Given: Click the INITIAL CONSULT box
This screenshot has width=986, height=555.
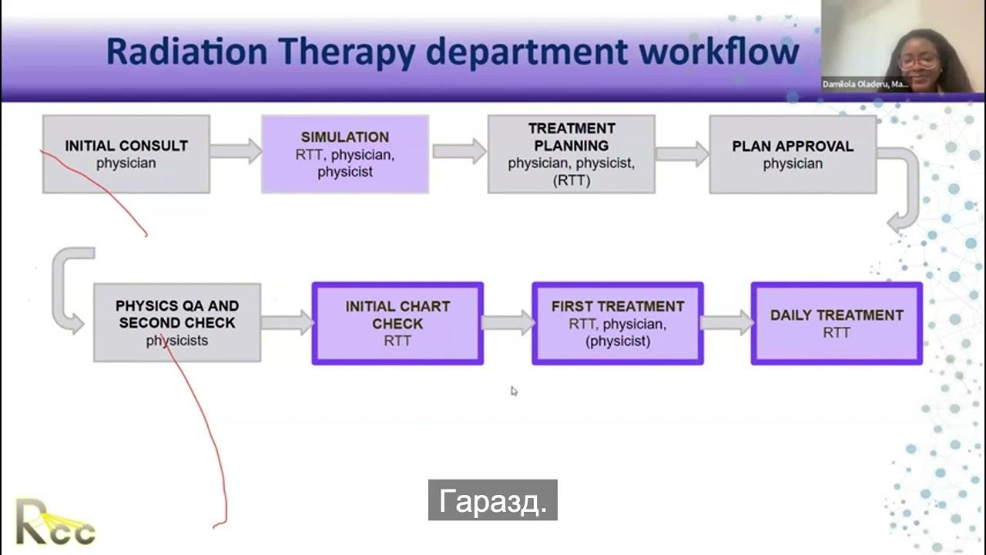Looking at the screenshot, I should [126, 154].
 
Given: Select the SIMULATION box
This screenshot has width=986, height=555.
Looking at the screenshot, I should [344, 154].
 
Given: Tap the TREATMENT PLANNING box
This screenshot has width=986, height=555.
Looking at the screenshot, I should [571, 154].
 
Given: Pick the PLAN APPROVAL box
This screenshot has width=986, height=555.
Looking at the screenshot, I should [792, 154].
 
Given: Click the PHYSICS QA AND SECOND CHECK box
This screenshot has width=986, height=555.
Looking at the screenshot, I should [177, 322].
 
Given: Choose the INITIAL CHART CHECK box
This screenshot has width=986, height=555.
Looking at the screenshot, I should [397, 323].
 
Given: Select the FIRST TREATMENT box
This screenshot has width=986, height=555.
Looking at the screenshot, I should [617, 323].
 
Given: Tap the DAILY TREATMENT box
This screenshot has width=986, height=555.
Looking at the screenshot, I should [837, 323].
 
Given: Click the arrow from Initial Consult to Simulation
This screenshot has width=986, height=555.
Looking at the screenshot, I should [236, 150].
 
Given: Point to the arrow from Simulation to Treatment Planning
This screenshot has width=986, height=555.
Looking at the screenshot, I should [458, 150].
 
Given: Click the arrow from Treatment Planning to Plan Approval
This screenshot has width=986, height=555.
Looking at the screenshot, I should [682, 153].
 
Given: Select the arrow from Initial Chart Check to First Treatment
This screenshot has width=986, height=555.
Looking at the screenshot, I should [508, 322].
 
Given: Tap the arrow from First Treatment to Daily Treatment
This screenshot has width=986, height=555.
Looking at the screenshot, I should [727, 322].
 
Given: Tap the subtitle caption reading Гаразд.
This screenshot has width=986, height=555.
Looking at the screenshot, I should [493, 501].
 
